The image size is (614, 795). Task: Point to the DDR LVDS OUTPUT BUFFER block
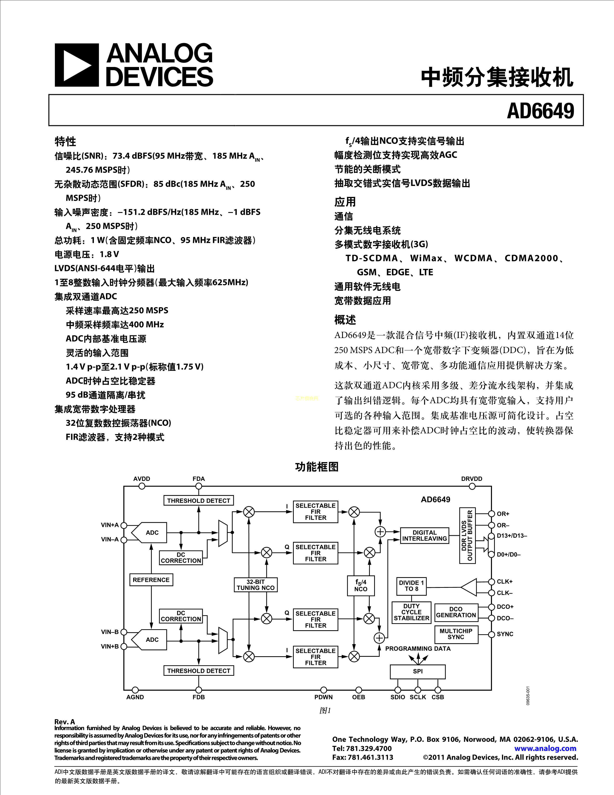[x=467, y=536]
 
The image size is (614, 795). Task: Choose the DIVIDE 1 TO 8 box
[x=412, y=586]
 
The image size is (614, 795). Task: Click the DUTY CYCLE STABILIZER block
[x=412, y=612]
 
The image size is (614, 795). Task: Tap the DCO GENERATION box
[x=456, y=612]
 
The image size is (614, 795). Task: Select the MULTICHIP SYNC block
[x=456, y=634]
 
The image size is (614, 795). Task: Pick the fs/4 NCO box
[x=360, y=585]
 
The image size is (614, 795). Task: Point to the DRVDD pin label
[x=471, y=479]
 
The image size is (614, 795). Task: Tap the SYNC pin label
[x=505, y=634]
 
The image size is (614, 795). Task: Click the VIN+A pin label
[x=110, y=525]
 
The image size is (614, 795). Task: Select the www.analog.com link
[x=545, y=749]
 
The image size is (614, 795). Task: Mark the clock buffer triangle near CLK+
[x=470, y=587]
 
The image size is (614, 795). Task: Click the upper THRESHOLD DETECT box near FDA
[x=199, y=501]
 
